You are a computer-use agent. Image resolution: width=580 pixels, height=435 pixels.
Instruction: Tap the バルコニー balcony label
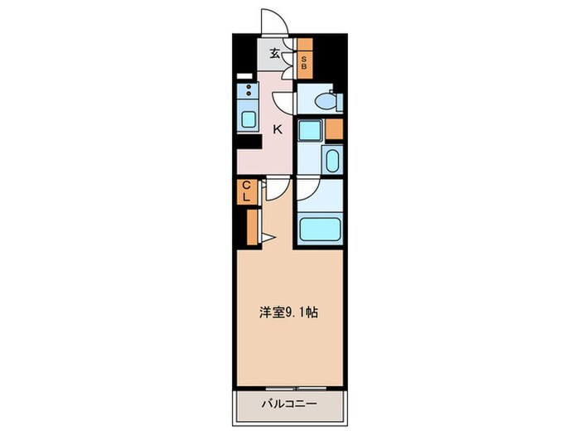[290, 405]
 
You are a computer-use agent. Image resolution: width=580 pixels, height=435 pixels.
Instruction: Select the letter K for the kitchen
[278, 129]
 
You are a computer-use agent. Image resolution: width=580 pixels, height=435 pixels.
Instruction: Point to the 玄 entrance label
[274, 56]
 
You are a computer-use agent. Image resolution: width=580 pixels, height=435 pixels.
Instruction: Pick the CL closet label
[246, 191]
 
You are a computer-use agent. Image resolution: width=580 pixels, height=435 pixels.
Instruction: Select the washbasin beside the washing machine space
[331, 158]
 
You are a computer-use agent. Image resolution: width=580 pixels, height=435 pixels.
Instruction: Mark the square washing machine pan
[311, 130]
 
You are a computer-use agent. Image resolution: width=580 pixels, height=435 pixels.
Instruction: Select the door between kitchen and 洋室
[277, 190]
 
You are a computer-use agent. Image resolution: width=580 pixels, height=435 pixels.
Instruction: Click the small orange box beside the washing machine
[334, 129]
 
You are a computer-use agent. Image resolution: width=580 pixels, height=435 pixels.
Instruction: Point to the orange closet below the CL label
[251, 226]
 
